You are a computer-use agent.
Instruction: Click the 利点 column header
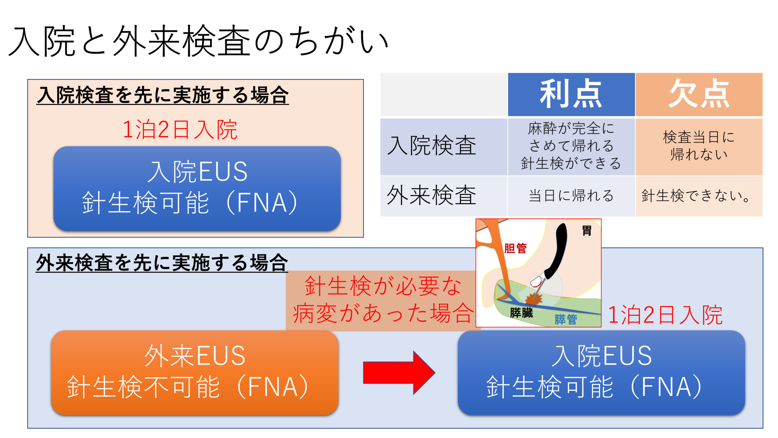coord(571,94)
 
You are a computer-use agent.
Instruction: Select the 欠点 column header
coord(699,94)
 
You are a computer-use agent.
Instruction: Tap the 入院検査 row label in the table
coord(432,146)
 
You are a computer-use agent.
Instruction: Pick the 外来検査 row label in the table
coord(432,196)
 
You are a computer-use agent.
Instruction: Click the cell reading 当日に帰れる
coord(571,196)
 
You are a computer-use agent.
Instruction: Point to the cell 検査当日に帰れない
coord(699,146)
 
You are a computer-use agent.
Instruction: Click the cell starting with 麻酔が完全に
coord(571,146)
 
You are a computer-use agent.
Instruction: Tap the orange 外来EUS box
coord(194,373)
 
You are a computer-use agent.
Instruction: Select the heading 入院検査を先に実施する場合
coord(163,95)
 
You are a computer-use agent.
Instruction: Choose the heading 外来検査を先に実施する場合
coord(162,263)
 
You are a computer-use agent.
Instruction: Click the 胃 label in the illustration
coord(587,231)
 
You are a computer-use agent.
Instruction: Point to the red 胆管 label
coord(515,248)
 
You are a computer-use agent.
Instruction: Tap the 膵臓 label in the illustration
coord(521,313)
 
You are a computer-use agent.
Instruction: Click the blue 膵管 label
coord(566,319)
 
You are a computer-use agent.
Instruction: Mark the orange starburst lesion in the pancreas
coord(532,299)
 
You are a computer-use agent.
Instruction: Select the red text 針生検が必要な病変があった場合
coord(383,300)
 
